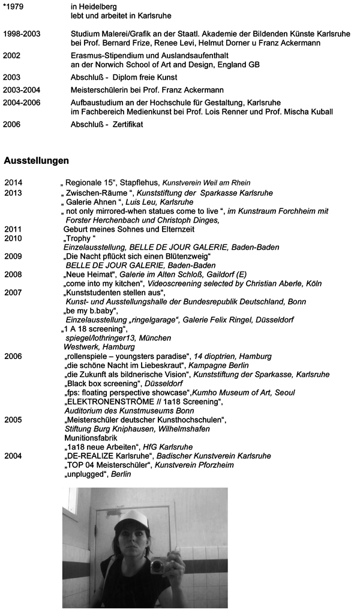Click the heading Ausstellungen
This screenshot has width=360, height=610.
(37, 161)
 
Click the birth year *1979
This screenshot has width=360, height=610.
(14, 7)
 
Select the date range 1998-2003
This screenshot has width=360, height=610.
(22, 34)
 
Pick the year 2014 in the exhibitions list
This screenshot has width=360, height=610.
(13, 183)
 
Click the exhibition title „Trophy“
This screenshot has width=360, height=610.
(80, 238)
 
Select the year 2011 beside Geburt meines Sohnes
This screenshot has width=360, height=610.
(13, 229)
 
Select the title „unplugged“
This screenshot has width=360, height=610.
(82, 474)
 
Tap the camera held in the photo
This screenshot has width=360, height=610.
(158, 564)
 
